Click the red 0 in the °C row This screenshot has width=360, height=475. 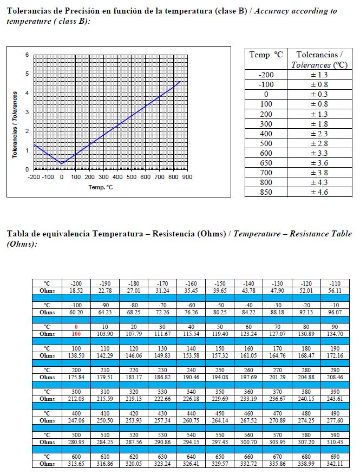pyautogui.click(x=76, y=327)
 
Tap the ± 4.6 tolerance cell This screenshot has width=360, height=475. pyautogui.click(x=319, y=192)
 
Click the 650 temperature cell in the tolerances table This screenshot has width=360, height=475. pyautogui.click(x=266, y=163)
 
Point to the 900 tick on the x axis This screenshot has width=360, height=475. pyautogui.click(x=187, y=177)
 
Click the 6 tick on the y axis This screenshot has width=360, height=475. pyautogui.click(x=27, y=55)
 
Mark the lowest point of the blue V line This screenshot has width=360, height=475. pyautogui.click(x=62, y=163)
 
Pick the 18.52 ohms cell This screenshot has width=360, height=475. pyautogui.click(x=76, y=291)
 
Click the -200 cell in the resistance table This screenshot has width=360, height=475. pyautogui.click(x=76, y=283)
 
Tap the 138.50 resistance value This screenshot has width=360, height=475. pyautogui.click(x=76, y=355)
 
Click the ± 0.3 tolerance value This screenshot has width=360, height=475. pyautogui.click(x=319, y=94)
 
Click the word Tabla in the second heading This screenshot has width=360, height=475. pyautogui.click(x=18, y=234)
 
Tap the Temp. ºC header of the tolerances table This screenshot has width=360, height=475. pyautogui.click(x=266, y=55)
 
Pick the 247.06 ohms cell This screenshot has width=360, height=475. pyautogui.click(x=76, y=420)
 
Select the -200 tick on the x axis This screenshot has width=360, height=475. pyautogui.click(x=34, y=177)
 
